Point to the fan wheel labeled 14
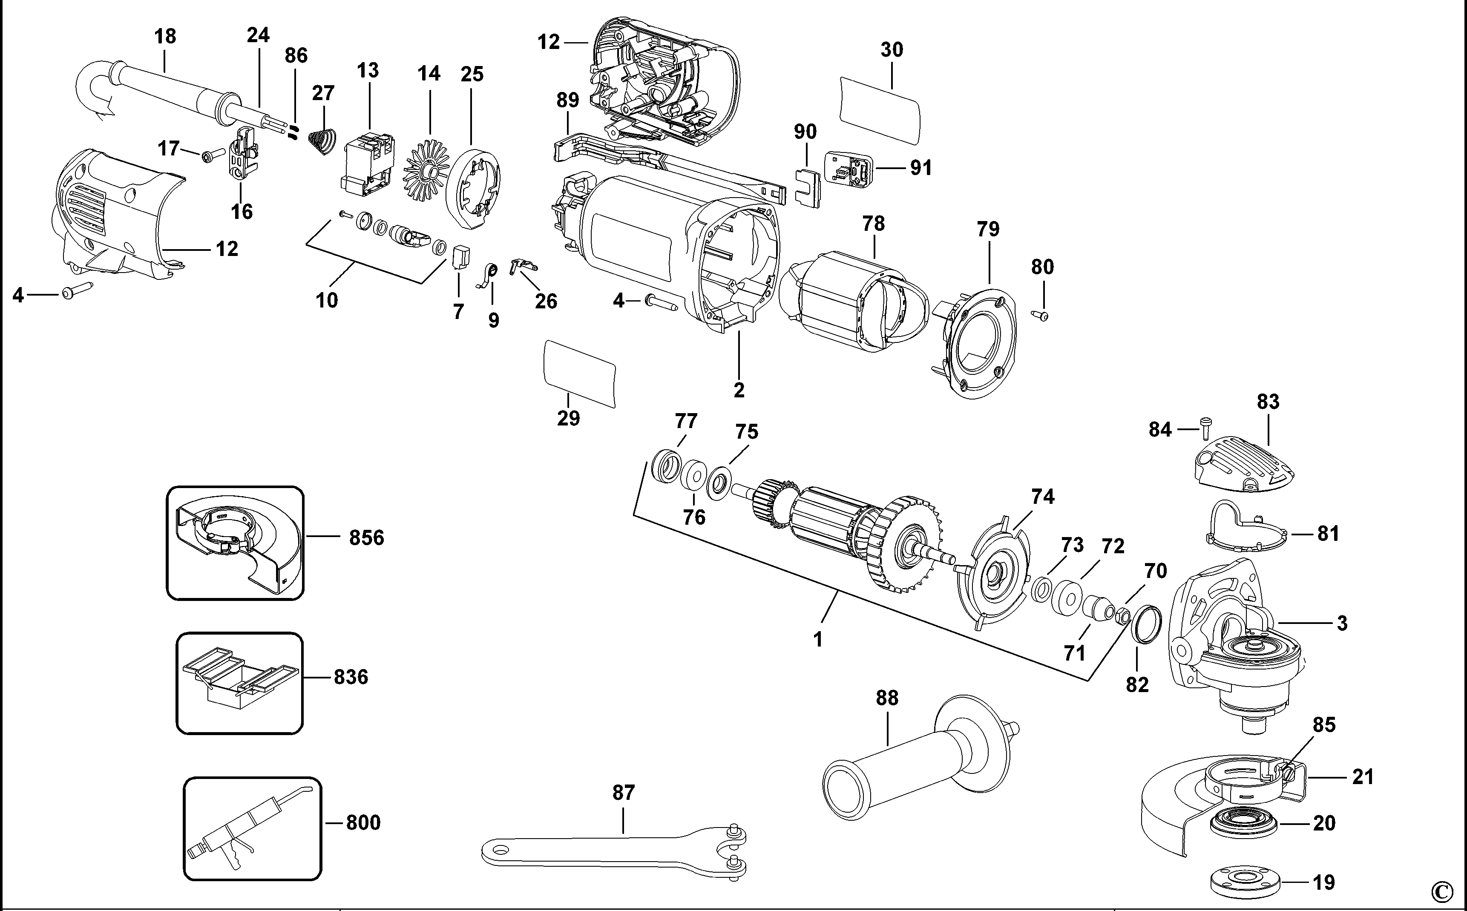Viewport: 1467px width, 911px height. pos(429,172)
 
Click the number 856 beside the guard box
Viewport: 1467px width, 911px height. pos(366,537)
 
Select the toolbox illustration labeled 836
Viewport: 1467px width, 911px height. pos(239,683)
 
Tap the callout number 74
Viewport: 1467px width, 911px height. pos(1043,497)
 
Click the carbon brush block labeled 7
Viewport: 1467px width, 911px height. pos(461,257)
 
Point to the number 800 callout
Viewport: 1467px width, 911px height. pos(363,822)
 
